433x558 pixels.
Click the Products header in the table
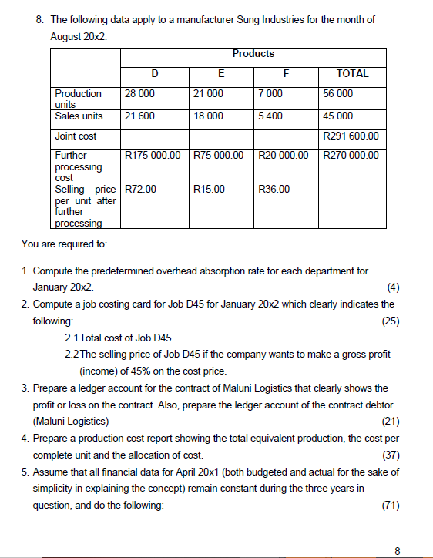tap(253, 53)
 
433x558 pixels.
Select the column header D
tap(155, 74)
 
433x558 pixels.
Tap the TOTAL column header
tap(353, 74)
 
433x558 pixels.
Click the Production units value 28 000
tap(139, 94)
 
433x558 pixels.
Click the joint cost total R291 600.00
tap(353, 136)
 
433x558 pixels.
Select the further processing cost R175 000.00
tap(154, 156)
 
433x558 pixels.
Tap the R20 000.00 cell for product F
tap(284, 156)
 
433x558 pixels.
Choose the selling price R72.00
tap(140, 188)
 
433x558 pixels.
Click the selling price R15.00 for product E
tap(210, 188)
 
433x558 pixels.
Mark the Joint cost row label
tap(74, 136)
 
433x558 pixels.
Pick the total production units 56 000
tap(340, 94)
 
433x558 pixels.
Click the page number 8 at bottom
tap(398, 550)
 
